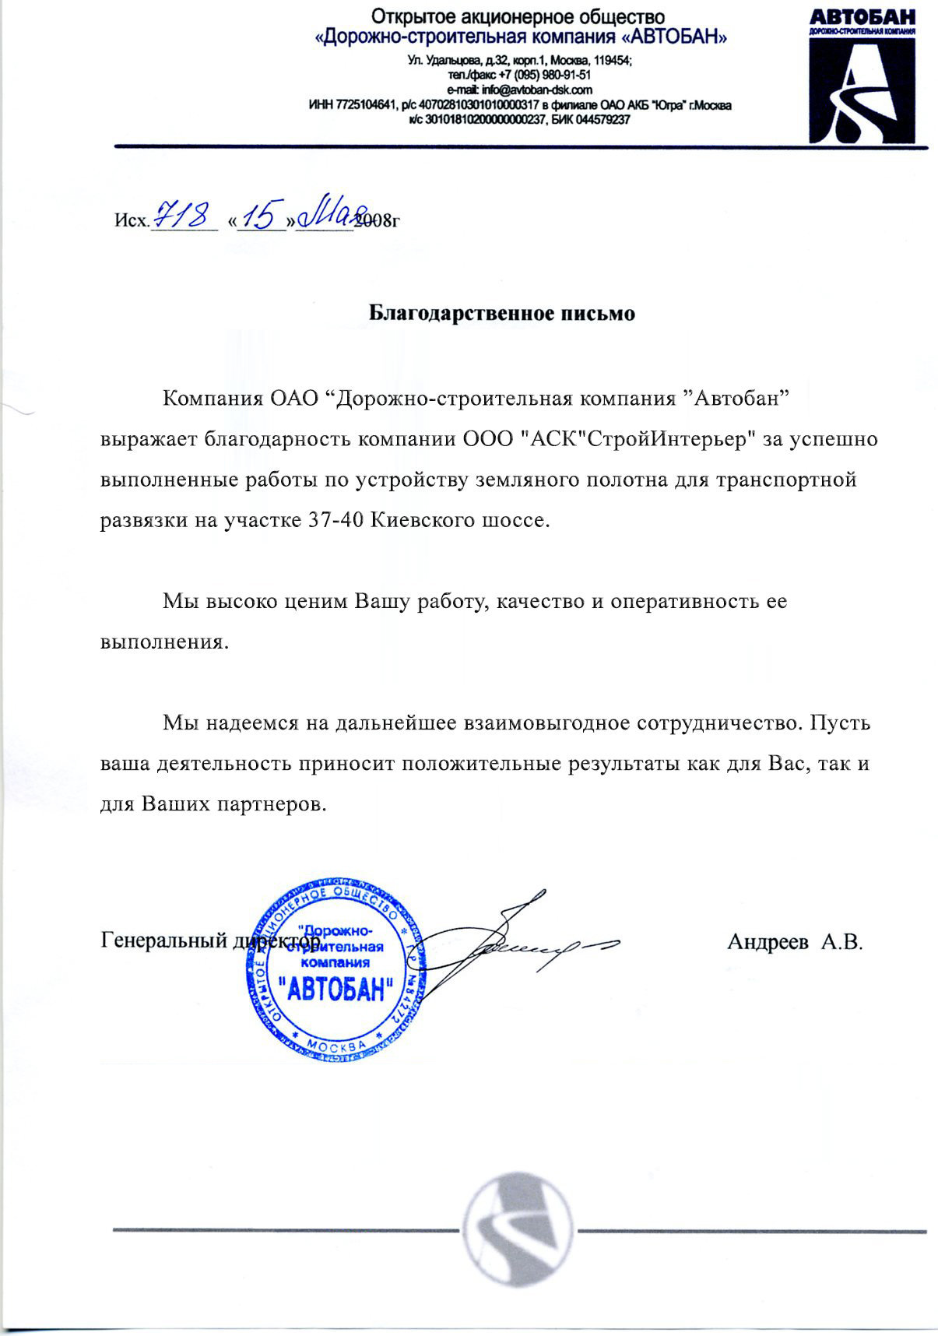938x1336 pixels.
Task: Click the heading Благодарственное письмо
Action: coord(501,314)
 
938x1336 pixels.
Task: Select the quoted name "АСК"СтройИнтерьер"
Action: coord(638,440)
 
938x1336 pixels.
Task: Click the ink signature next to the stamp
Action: coord(514,942)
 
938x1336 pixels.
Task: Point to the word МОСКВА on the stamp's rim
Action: coord(336,1046)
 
